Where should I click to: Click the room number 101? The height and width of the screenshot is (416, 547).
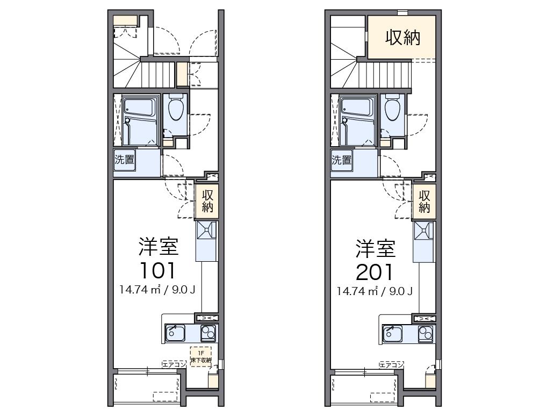(158, 270)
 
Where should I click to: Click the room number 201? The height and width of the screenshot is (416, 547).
(375, 272)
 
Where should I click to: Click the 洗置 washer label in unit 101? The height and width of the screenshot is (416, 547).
(125, 159)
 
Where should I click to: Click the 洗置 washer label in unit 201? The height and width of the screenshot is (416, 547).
(342, 160)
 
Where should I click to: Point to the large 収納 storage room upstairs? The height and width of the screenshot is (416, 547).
(402, 37)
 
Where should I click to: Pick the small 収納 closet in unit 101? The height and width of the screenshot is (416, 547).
(207, 200)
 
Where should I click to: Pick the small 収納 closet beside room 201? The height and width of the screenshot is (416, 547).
(424, 200)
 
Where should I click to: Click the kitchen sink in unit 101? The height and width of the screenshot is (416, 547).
(175, 333)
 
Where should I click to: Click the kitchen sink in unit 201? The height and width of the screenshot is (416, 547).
(392, 333)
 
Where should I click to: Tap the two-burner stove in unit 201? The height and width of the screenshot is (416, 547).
(426, 333)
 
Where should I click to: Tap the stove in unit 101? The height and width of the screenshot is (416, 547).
(208, 333)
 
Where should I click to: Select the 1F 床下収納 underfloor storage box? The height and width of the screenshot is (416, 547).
(201, 356)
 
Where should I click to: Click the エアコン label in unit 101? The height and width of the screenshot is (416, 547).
(174, 364)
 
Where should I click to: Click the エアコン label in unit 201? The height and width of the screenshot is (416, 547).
(391, 364)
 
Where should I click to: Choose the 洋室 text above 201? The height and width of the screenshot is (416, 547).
(375, 248)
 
